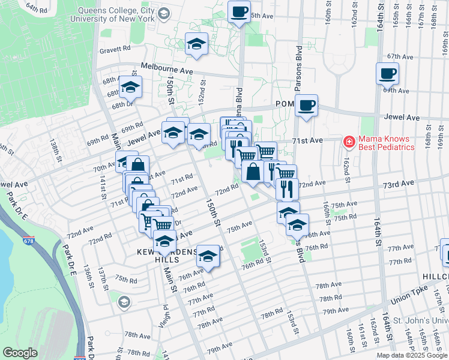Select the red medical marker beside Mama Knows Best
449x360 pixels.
[x=348, y=142]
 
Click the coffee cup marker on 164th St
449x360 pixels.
[x=387, y=74]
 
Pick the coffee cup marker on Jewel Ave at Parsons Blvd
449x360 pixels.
[x=306, y=106]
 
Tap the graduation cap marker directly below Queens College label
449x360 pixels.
[x=196, y=44]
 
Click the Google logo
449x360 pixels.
[x=20, y=353]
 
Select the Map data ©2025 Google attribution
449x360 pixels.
[x=411, y=355]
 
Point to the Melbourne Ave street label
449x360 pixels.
[x=167, y=70]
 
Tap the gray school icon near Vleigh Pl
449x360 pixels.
[x=124, y=301]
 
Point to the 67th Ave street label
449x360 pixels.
[x=401, y=57]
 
